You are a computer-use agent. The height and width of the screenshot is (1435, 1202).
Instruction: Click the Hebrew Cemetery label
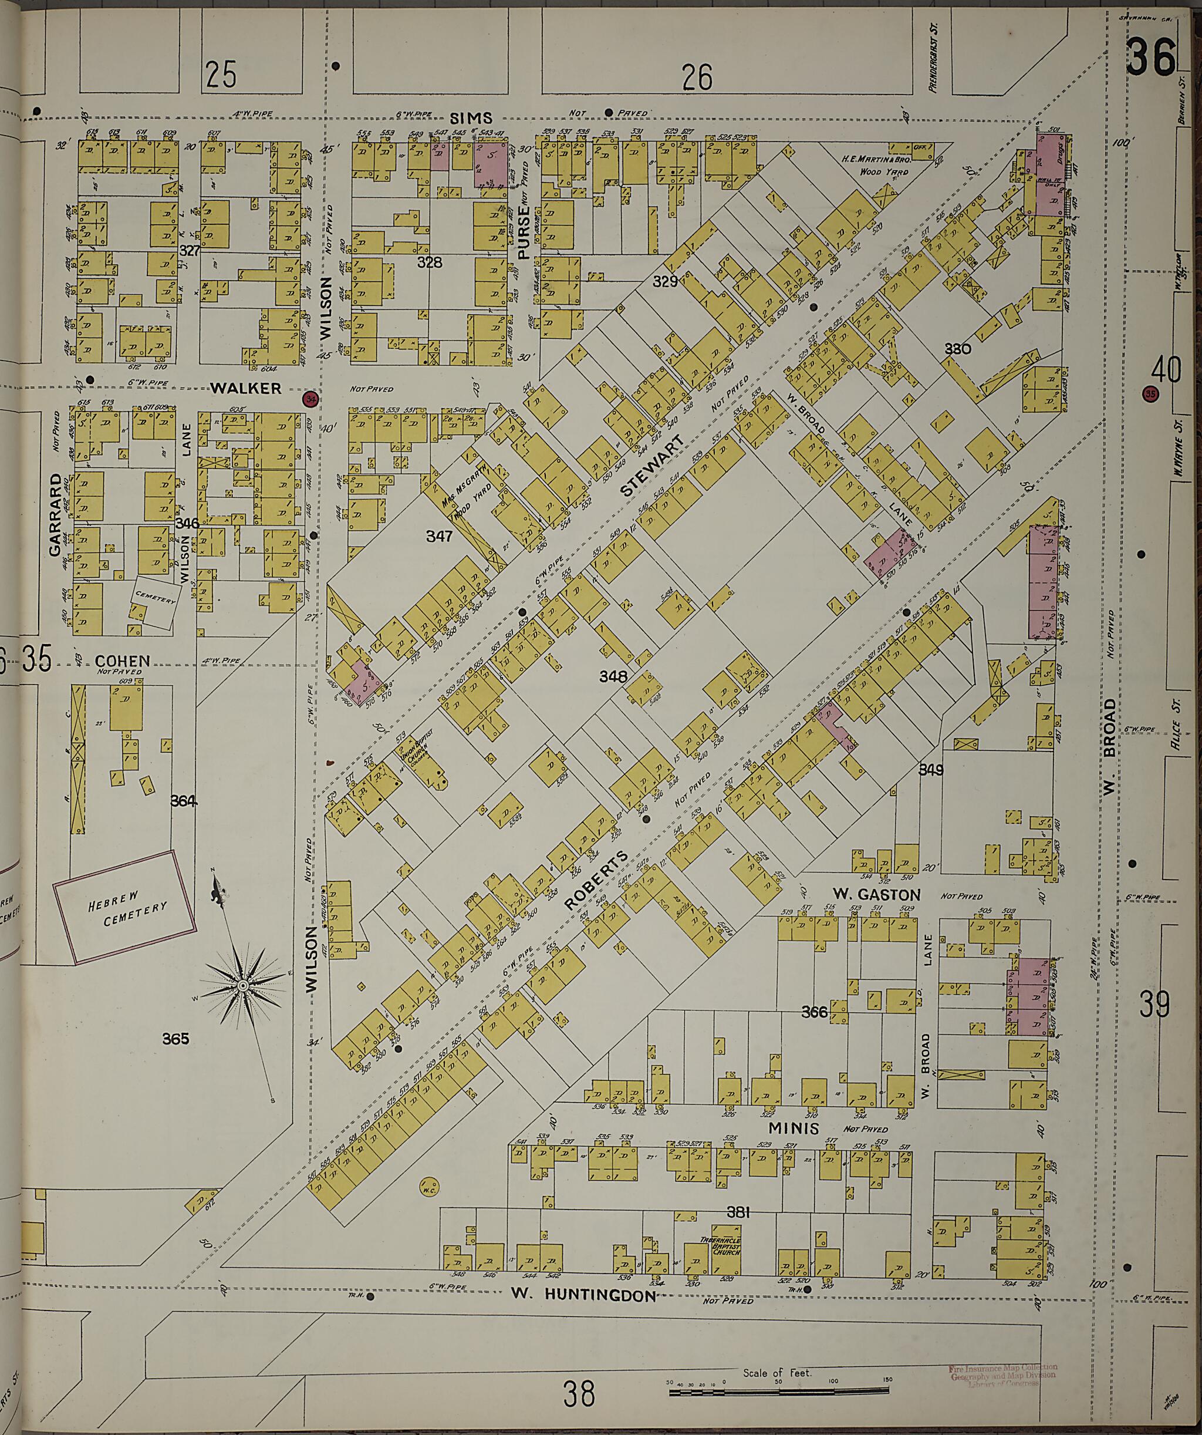tap(126, 914)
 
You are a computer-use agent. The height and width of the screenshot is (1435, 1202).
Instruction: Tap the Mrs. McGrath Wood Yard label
tap(470, 507)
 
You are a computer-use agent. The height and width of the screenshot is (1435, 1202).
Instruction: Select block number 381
tap(739, 1213)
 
